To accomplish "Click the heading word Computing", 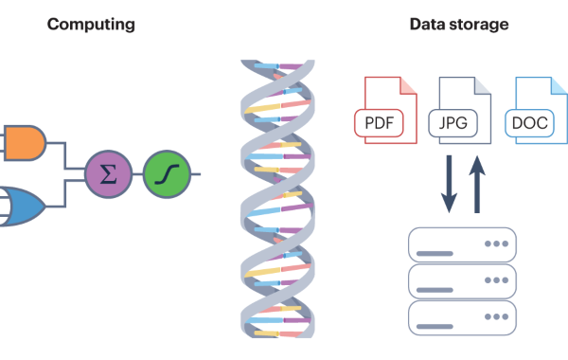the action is tap(91, 25).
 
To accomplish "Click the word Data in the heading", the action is tap(428, 25).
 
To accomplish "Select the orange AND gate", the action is tap(24, 143).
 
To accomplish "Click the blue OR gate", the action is tap(23, 207).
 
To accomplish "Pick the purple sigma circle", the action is tap(108, 174).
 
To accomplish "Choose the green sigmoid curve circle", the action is tap(167, 174).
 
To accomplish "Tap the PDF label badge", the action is tap(379, 123).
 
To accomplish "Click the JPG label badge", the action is tap(453, 123).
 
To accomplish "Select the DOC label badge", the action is tap(529, 123).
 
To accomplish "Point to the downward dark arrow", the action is tap(449, 184).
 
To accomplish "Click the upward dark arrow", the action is tap(477, 184).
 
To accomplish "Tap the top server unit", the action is tap(462, 244).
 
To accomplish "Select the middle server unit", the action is tap(462, 281).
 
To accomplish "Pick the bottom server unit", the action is tap(462, 318).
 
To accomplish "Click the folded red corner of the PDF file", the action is tap(407, 85).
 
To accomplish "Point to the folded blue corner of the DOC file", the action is tap(559, 85).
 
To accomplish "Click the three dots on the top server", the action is tap(497, 243).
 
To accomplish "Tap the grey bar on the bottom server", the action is tap(435, 326).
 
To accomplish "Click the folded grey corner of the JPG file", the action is tap(482, 85).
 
